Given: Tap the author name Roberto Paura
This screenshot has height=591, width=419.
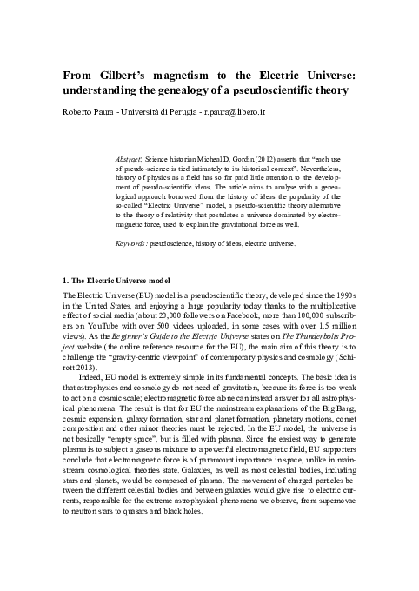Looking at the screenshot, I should [86, 112].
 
